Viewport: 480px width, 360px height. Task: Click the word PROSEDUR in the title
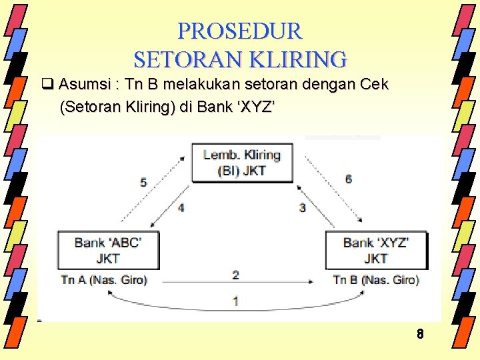pyautogui.click(x=240, y=31)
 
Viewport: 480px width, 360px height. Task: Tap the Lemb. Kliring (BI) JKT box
pyautogui.click(x=241, y=162)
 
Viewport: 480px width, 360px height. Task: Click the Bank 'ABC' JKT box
pyautogui.click(x=107, y=249)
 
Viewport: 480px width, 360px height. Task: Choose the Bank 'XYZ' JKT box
pyautogui.click(x=375, y=249)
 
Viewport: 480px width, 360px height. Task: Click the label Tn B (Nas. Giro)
pyautogui.click(x=376, y=280)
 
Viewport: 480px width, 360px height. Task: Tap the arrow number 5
pyautogui.click(x=143, y=182)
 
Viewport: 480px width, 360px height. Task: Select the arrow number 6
pyautogui.click(x=349, y=179)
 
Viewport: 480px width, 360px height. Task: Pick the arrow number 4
pyautogui.click(x=181, y=208)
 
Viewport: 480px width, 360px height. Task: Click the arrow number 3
pyautogui.click(x=302, y=208)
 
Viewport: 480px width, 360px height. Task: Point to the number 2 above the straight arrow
pyautogui.click(x=235, y=274)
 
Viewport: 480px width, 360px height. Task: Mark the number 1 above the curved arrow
pyautogui.click(x=235, y=301)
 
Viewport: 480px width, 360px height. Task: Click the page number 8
pyautogui.click(x=420, y=334)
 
